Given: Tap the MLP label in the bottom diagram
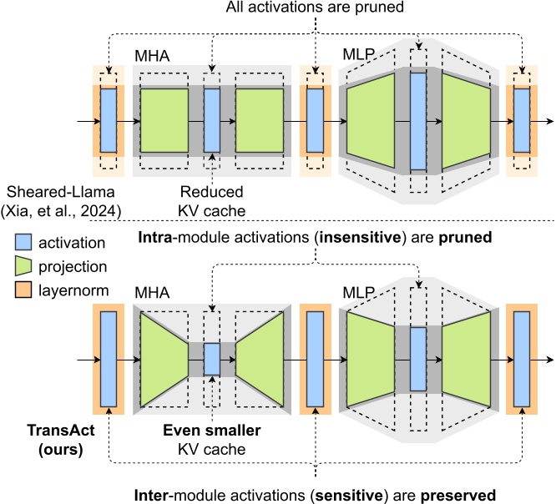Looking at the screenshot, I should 358,295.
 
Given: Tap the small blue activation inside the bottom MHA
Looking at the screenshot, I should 212,359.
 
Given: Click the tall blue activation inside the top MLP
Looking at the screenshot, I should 417,120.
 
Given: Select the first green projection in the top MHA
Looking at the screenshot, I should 164,120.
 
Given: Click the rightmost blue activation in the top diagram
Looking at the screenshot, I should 522,120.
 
